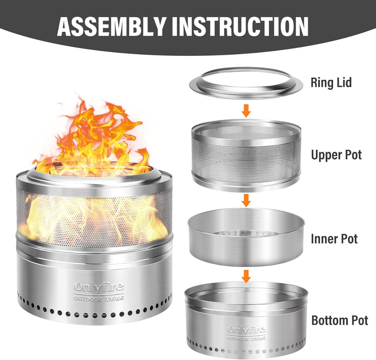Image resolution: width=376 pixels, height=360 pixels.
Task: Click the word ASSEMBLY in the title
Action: point(112,26)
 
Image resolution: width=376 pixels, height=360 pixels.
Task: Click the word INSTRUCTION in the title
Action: point(240,26)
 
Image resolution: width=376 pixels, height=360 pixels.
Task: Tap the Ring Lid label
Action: point(331,82)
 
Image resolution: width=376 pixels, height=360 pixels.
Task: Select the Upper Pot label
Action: point(336,155)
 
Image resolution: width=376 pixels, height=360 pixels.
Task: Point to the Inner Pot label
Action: point(334,238)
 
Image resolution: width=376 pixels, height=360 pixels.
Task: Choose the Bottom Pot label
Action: point(339,320)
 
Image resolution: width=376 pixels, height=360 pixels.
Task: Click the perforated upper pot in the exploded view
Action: point(246,155)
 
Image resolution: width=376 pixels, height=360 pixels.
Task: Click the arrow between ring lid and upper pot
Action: point(246,111)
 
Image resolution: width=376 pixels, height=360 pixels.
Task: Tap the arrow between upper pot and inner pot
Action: point(246,200)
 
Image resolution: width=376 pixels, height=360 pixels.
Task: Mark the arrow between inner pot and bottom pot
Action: point(246,276)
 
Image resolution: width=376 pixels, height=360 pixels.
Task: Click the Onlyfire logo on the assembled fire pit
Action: point(99,287)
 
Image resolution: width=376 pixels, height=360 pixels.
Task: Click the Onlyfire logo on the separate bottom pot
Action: point(246,330)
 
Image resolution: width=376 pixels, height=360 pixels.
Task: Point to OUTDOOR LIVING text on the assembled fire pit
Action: point(99,298)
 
